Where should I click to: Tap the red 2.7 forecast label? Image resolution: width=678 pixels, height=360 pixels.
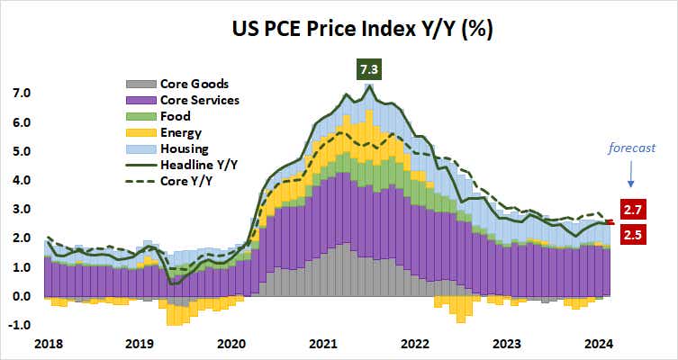tap(637, 210)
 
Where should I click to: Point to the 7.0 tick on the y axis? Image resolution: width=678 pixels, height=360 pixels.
tap(22, 94)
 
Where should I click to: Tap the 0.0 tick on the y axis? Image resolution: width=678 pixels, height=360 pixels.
tap(22, 296)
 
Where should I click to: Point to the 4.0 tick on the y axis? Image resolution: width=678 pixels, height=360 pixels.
tap(22, 180)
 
